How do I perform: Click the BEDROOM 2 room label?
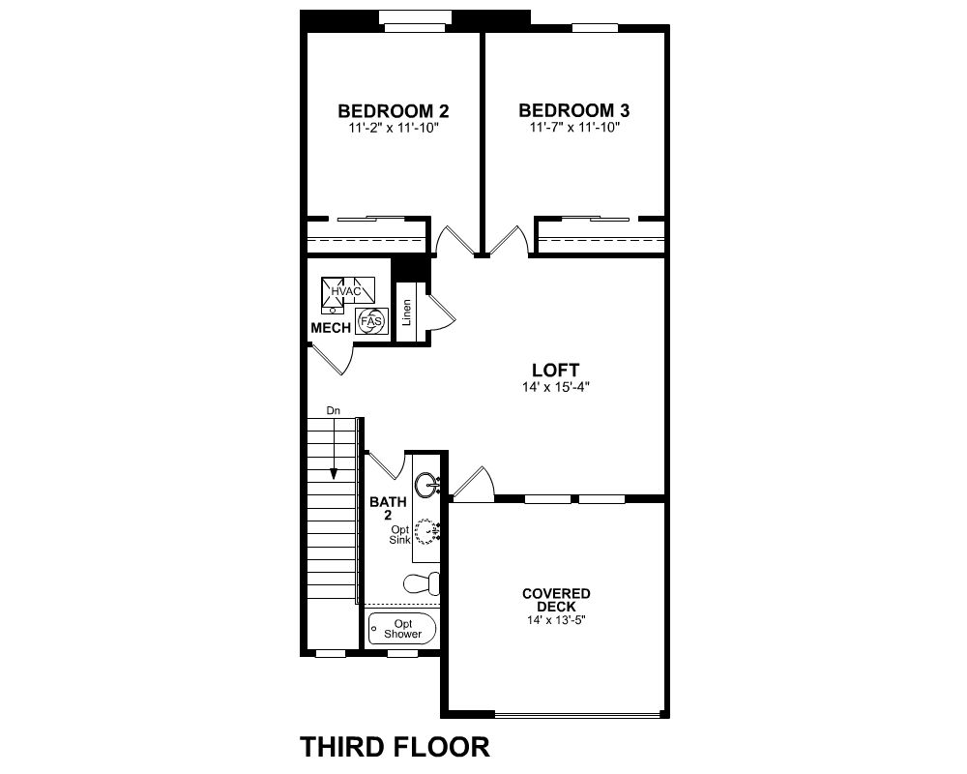click(x=394, y=111)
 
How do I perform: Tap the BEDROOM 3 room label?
click(x=574, y=110)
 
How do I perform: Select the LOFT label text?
click(x=556, y=371)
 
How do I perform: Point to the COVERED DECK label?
click(x=556, y=600)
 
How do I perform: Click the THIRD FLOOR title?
click(x=395, y=747)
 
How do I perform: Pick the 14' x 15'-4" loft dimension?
click(x=556, y=388)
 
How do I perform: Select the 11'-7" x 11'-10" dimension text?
click(x=574, y=128)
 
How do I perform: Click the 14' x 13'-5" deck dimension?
click(x=556, y=620)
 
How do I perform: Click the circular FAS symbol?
click(x=371, y=321)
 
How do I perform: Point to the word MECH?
click(x=331, y=328)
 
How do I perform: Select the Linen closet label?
click(x=406, y=313)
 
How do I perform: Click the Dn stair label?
click(x=333, y=410)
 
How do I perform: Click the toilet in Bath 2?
click(x=422, y=582)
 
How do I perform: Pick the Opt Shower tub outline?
click(x=402, y=629)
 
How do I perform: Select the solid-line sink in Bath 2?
click(x=427, y=485)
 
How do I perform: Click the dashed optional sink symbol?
click(x=426, y=531)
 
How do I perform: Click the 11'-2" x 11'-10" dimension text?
click(x=394, y=129)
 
